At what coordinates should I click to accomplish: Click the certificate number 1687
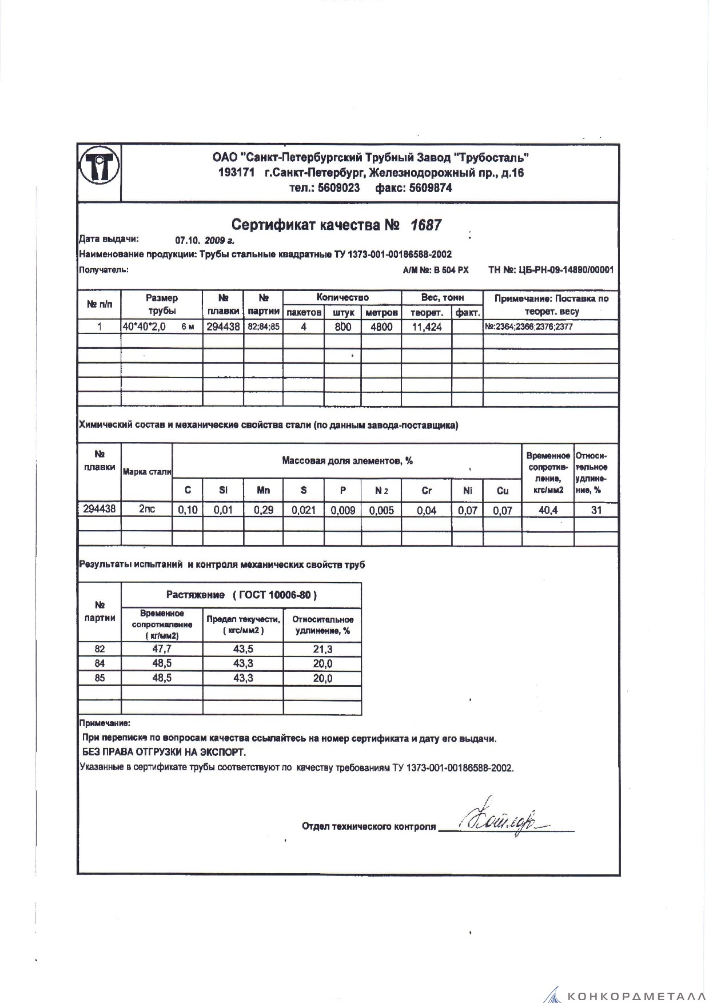[x=426, y=225]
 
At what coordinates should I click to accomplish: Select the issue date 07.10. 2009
[x=204, y=241]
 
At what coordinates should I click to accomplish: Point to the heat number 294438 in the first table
[x=223, y=327]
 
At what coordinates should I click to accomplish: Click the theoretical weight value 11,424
[x=427, y=327]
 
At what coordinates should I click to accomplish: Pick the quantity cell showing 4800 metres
[x=381, y=327]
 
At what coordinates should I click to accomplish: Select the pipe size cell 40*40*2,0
[x=144, y=327]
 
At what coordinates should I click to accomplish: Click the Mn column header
[x=263, y=490]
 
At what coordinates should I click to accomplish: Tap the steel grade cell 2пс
[x=147, y=509]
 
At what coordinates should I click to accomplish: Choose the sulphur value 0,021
[x=304, y=510]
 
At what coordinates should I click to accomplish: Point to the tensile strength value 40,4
[x=548, y=510]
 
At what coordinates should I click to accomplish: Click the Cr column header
[x=427, y=490]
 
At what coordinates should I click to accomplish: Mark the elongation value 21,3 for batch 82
[x=322, y=649]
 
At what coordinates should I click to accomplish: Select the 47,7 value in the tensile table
[x=162, y=649]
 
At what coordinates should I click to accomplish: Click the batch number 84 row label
[x=99, y=663]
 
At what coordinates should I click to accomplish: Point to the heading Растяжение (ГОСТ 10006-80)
[x=241, y=595]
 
